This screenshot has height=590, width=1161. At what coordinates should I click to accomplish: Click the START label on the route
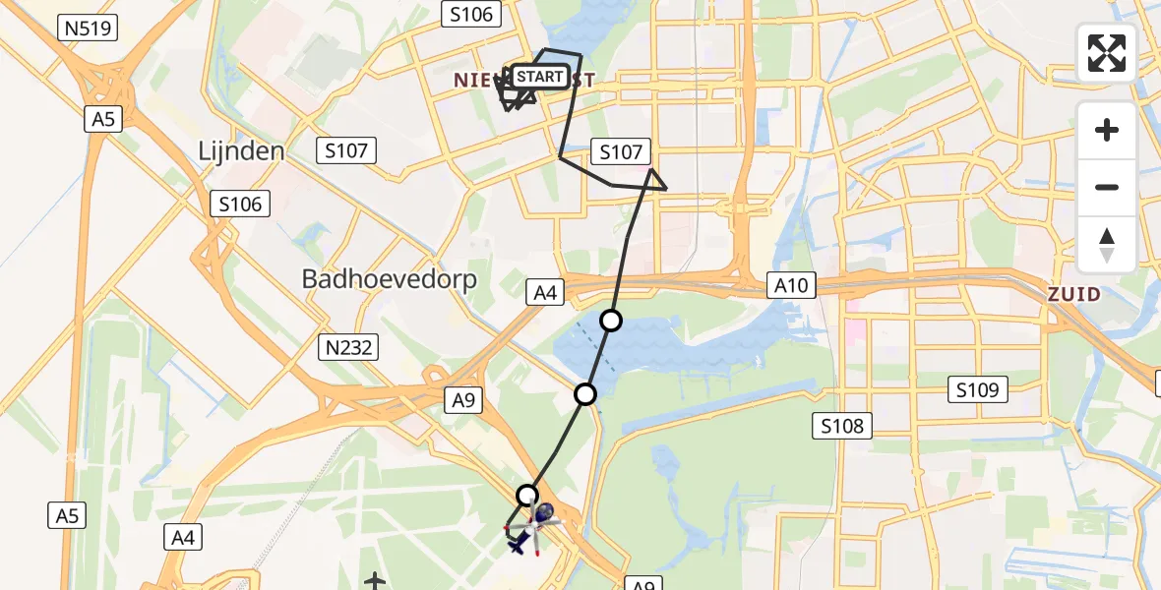(540, 77)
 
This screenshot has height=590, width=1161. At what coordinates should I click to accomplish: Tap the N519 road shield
(89, 28)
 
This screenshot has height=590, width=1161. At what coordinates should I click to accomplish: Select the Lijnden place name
(241, 151)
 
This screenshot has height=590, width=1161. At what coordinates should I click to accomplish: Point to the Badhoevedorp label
(390, 279)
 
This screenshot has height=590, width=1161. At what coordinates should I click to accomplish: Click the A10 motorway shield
(792, 285)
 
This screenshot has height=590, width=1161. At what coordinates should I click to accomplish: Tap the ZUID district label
(1074, 294)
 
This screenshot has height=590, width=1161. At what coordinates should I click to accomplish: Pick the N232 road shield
(346, 346)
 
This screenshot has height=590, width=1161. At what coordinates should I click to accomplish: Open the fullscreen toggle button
(1107, 53)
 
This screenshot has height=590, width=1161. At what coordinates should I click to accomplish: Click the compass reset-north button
(1107, 244)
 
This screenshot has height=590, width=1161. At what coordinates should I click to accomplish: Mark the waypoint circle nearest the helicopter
(528, 495)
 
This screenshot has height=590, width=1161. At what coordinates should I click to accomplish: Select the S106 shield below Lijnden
(241, 205)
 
